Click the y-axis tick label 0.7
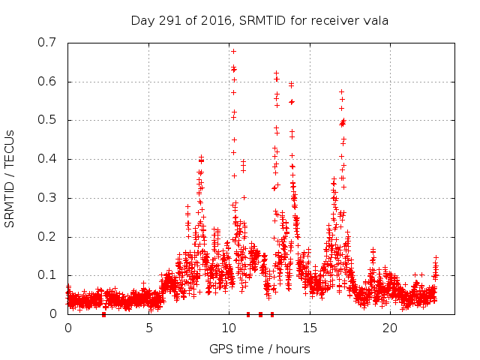pos(47,43)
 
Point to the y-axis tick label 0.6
pos(47,82)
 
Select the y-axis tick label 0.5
pos(47,120)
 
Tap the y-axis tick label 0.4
pos(47,159)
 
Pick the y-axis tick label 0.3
pos(47,198)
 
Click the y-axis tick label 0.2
pos(47,237)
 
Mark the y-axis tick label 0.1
pos(47,275)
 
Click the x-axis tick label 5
pos(148,328)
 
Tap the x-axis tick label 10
pos(229,328)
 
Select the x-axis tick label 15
pos(310,328)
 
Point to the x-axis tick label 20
pos(390,328)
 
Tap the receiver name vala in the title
pos(376,19)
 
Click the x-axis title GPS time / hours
pos(259,349)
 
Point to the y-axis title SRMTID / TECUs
pos(10,178)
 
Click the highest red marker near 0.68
pos(233,51)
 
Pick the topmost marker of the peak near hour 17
pos(341,91)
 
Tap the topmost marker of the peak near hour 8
pos(201,157)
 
